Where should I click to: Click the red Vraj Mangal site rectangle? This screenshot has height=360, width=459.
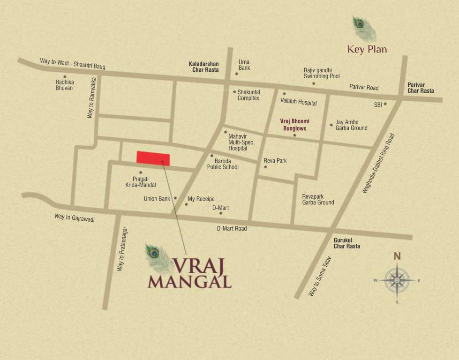[x=153, y=158]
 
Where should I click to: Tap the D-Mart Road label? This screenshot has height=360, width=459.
[x=231, y=229]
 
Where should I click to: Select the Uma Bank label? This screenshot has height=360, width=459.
[x=244, y=65]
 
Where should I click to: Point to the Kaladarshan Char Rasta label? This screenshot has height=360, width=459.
[x=203, y=67]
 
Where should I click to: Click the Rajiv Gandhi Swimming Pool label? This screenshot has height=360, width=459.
[x=322, y=73]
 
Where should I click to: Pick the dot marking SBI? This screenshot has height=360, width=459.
[x=385, y=104]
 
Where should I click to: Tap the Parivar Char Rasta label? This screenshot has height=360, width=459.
[x=421, y=88]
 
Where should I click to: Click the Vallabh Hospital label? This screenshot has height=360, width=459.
[x=299, y=103]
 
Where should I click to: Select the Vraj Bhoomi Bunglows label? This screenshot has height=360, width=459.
[x=294, y=125]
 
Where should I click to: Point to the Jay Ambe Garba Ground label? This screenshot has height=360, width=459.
[x=351, y=125]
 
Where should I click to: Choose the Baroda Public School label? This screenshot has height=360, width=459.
[x=223, y=164]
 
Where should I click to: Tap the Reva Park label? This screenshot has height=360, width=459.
[x=275, y=161]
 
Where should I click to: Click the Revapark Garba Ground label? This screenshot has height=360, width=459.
[x=318, y=200]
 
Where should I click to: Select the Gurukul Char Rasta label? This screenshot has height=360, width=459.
[x=346, y=243]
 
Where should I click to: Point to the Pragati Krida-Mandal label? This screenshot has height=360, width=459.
[x=141, y=182]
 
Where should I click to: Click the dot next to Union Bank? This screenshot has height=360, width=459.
[x=175, y=198]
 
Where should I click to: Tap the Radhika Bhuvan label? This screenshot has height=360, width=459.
[x=64, y=85]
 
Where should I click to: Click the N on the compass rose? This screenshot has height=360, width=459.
[x=397, y=256]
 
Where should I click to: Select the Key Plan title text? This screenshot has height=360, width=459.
[x=367, y=49]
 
